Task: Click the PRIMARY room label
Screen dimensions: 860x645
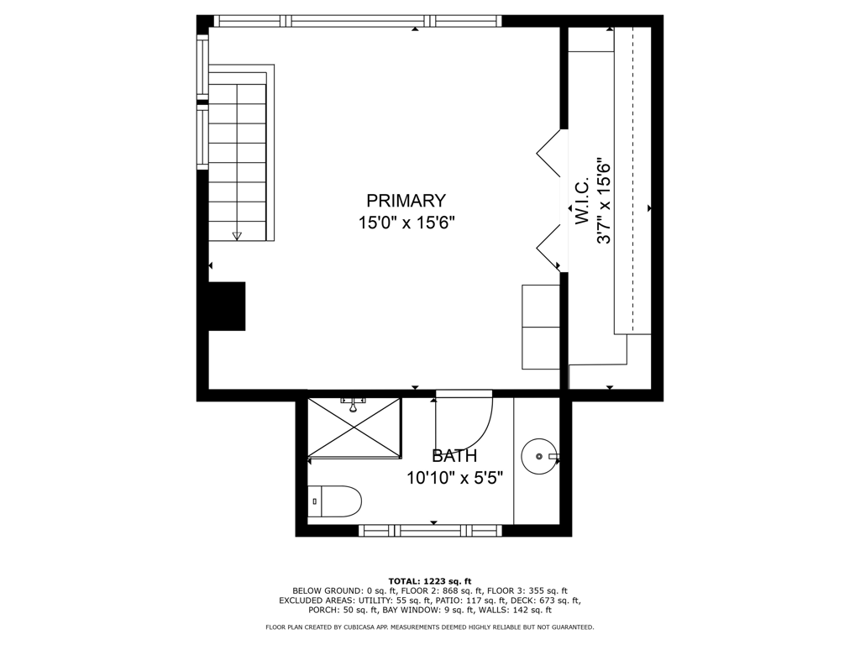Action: click(406, 201)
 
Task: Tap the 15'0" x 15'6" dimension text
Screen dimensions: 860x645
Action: click(407, 223)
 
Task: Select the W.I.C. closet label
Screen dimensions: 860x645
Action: click(581, 200)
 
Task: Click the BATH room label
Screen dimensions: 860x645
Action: click(454, 456)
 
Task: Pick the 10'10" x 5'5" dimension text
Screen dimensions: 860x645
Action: click(454, 478)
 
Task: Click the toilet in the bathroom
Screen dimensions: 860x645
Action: click(334, 501)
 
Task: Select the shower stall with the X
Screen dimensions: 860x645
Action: click(354, 427)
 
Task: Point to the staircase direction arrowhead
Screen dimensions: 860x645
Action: click(237, 236)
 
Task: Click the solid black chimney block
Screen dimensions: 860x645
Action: click(227, 306)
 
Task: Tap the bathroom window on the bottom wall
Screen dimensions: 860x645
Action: click(431, 531)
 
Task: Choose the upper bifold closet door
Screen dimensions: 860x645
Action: click(549, 154)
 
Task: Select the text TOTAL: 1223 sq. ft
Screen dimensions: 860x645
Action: click(430, 581)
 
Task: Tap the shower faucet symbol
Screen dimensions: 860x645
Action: click(354, 405)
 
